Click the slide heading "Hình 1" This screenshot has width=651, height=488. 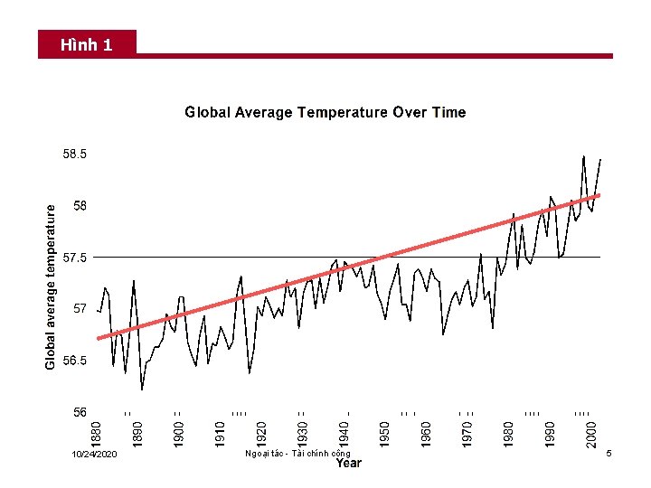[87, 44]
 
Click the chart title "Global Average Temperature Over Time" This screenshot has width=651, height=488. [325, 113]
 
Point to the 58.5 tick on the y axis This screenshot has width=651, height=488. [74, 155]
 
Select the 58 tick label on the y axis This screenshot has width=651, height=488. [80, 206]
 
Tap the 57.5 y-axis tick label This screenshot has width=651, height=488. [74, 258]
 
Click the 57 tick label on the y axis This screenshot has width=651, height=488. [80, 309]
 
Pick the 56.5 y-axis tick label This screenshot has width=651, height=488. [74, 361]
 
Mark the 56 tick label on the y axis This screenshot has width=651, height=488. [80, 412]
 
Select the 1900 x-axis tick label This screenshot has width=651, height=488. [179, 427]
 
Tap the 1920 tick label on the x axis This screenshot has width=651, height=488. [261, 427]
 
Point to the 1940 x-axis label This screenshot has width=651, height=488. [344, 427]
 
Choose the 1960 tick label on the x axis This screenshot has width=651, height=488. [426, 427]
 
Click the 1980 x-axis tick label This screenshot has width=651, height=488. [509, 427]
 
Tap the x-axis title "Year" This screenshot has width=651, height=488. [349, 464]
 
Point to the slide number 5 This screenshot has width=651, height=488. [609, 452]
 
